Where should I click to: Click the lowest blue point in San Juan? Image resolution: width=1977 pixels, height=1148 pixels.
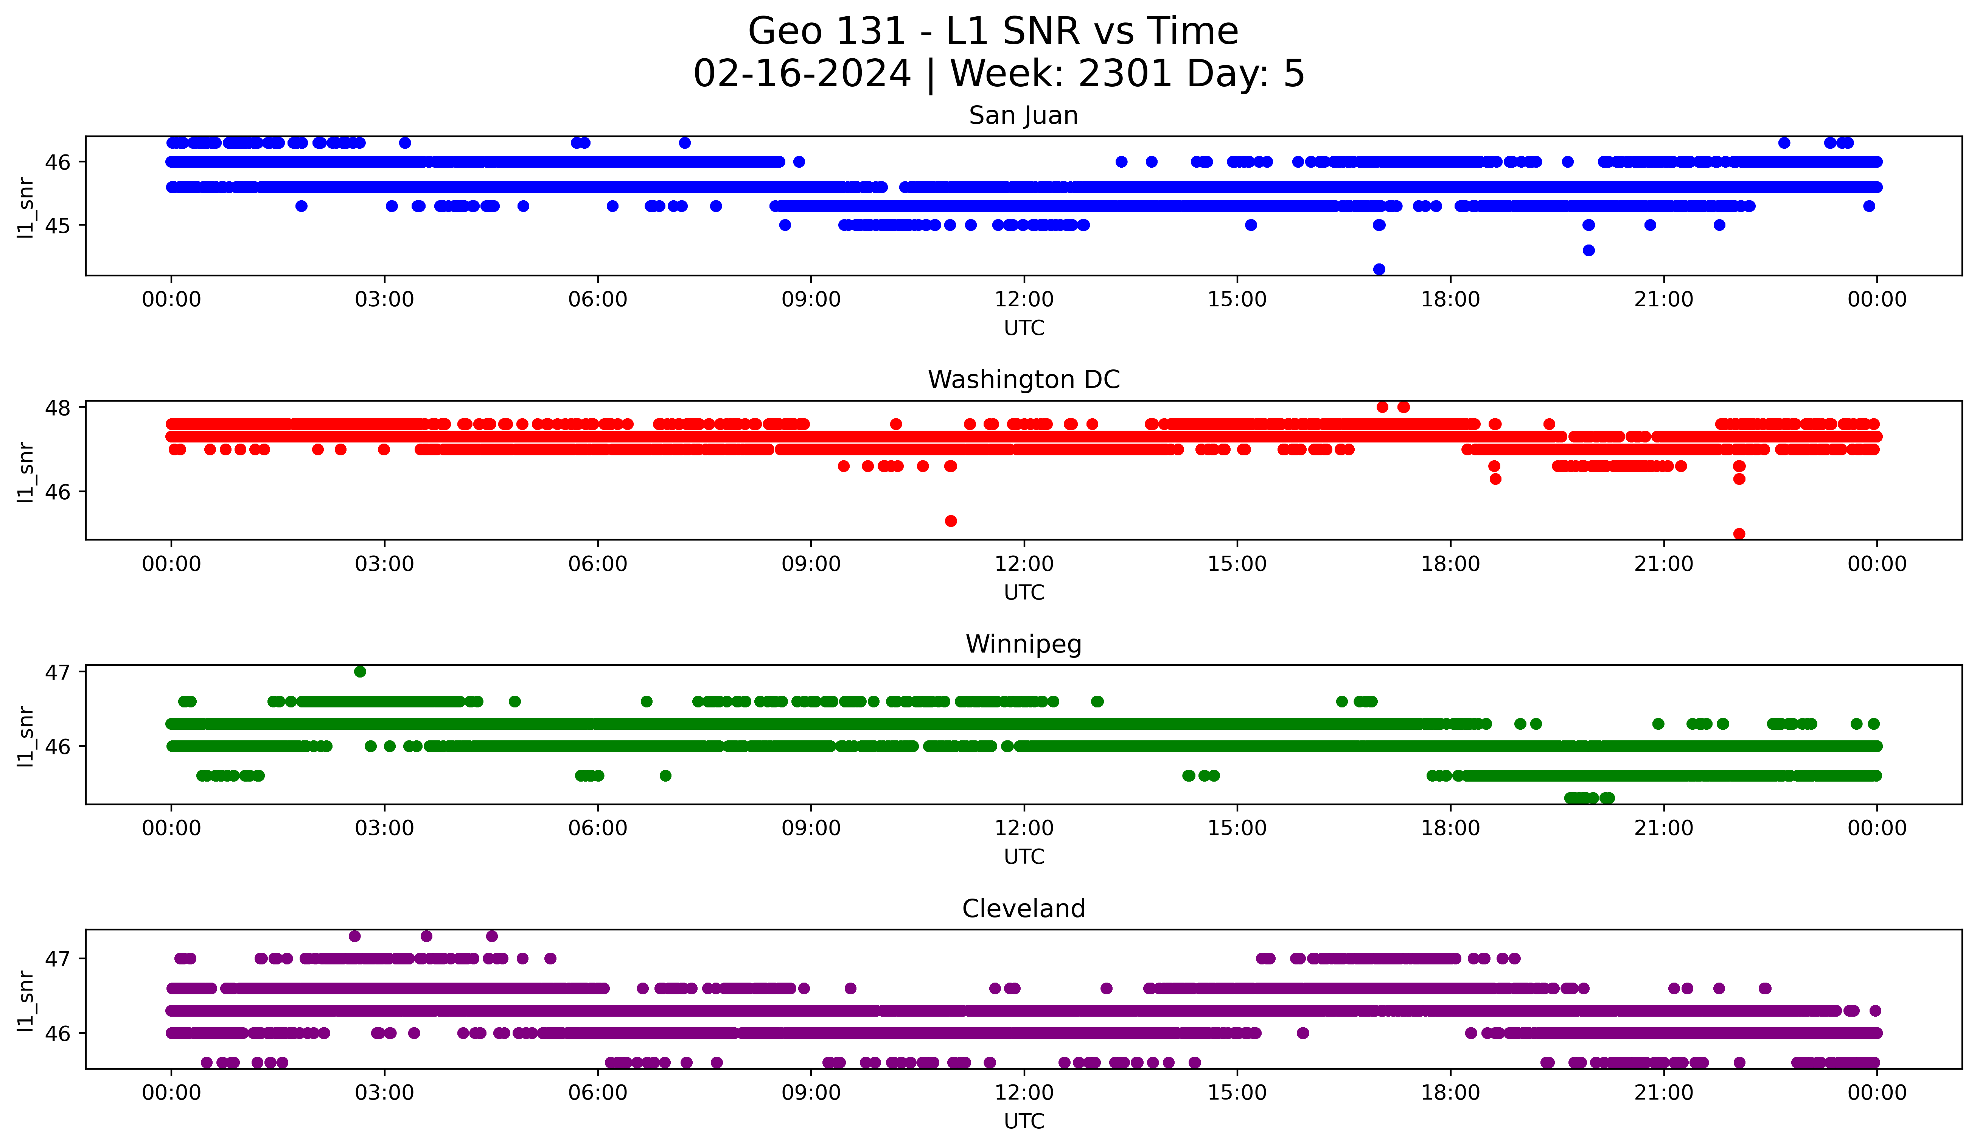tap(1379, 269)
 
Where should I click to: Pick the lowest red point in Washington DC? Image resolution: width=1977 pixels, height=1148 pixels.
tap(1739, 534)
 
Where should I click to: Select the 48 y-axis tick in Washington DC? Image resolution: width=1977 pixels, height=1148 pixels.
tap(59, 407)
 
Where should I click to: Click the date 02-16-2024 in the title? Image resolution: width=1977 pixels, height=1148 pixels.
tap(802, 74)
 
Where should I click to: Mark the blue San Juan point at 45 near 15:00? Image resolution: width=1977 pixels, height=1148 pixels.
tap(1251, 225)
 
